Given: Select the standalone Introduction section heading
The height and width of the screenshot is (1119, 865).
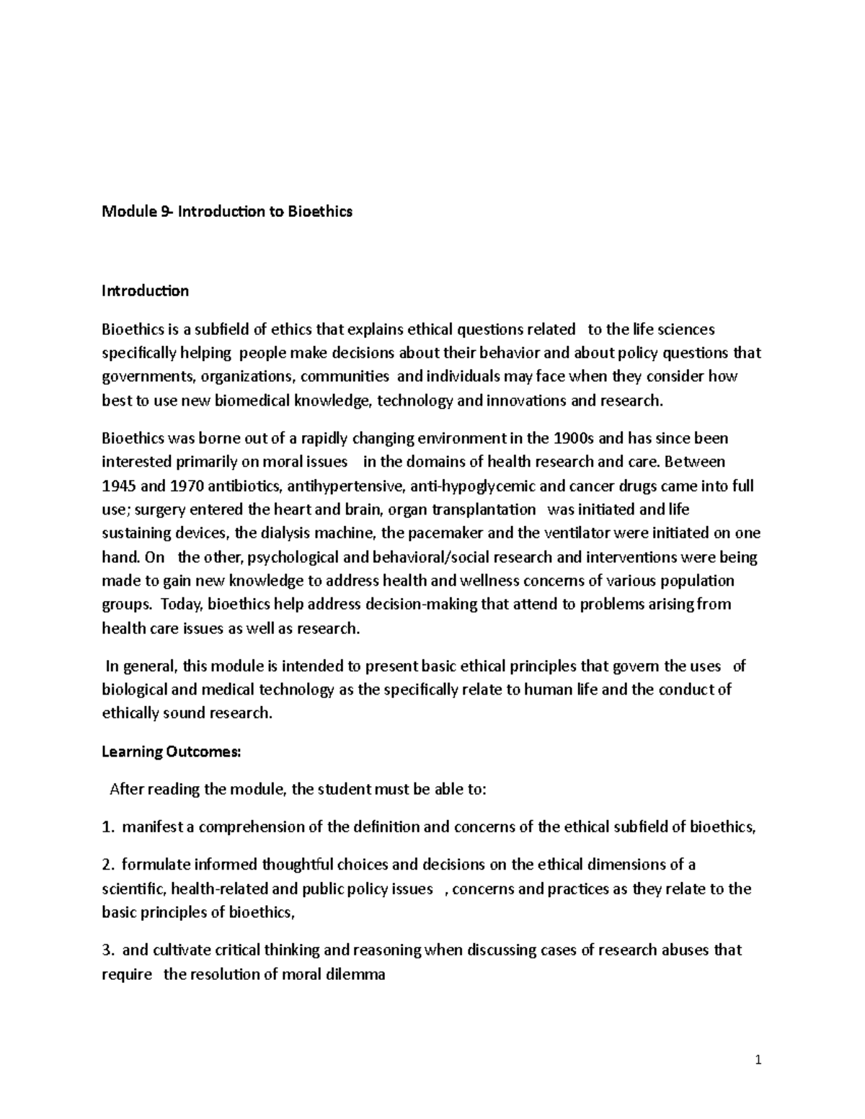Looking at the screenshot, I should (x=145, y=291).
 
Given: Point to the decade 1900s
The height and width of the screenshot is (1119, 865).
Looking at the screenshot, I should (x=579, y=438).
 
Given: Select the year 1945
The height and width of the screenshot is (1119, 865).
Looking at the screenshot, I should (x=117, y=486).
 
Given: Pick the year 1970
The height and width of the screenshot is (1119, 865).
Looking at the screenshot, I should (x=173, y=486).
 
